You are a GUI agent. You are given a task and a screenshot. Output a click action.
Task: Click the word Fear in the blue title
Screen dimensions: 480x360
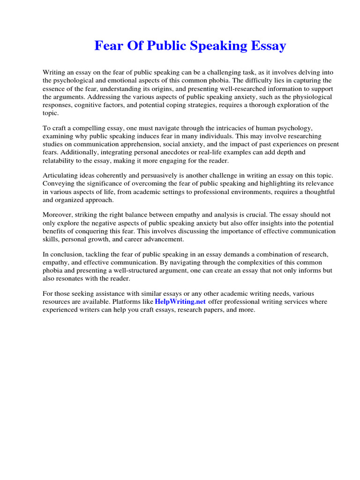(x=107, y=46)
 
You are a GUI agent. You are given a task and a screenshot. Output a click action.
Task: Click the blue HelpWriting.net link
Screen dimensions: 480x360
(x=180, y=302)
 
